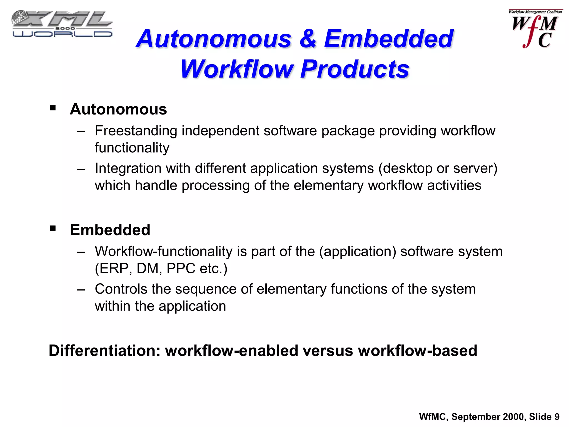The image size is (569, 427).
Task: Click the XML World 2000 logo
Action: point(62,24)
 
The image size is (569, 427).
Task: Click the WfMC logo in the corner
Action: point(535,29)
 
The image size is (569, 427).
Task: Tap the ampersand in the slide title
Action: point(308,39)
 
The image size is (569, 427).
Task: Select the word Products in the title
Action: point(355,69)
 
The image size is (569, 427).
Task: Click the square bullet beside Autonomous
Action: point(53,108)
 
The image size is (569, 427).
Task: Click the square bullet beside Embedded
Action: point(53,229)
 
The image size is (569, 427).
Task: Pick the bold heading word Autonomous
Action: point(118,109)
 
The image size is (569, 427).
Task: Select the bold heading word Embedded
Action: point(110,230)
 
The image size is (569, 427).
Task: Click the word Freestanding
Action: point(136,131)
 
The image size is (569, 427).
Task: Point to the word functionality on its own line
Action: point(132,148)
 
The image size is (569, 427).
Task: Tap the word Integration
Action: point(128,168)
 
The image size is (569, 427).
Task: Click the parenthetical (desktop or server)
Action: point(438,168)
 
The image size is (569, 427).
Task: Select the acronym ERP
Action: point(114,269)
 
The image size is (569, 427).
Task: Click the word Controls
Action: point(121,289)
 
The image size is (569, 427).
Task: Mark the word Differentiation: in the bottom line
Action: point(104,351)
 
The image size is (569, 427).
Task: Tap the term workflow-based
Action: point(418,351)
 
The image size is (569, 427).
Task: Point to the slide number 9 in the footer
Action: point(557,417)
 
